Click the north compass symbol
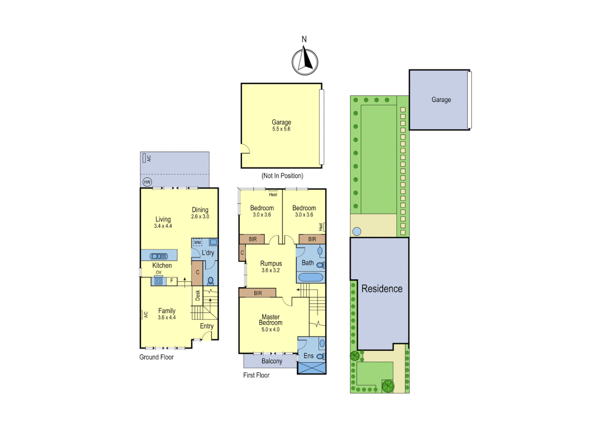click(305, 62)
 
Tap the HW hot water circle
click(147, 182)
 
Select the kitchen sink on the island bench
click(158, 256)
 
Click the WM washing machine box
click(198, 242)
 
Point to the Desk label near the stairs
click(198, 295)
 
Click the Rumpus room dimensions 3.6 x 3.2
click(271, 270)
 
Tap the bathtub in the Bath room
click(311, 277)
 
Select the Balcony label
click(272, 361)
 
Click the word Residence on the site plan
click(382, 289)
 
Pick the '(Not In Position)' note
click(282, 176)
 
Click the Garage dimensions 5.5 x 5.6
click(281, 129)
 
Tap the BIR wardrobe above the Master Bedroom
click(258, 293)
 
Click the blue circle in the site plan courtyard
click(357, 231)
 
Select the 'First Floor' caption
click(256, 375)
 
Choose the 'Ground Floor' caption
click(156, 357)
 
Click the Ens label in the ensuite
click(309, 356)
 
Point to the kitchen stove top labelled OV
click(158, 281)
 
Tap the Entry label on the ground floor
click(207, 326)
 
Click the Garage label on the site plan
click(441, 100)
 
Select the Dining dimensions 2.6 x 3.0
click(200, 217)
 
